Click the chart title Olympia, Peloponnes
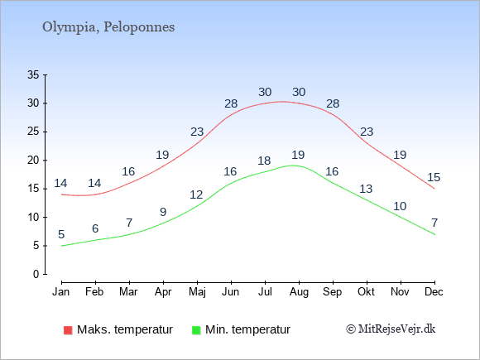pos(108,27)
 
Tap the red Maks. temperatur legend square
pos(68,330)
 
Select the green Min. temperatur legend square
pos(196,330)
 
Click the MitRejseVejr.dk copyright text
pos(391,329)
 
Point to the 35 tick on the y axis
pos(33,74)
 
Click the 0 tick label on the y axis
pos(36,274)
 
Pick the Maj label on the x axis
pos(197,292)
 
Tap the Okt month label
pos(366,292)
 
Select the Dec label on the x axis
pos(434,292)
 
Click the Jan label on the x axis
pos(61,292)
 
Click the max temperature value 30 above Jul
pos(265,92)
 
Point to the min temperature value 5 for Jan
pos(61,234)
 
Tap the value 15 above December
pos(434,177)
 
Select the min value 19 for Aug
pos(298,155)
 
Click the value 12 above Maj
pos(196,194)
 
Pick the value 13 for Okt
pos(366,189)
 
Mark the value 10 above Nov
pos(400,206)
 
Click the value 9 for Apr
pos(163,212)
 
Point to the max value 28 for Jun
pos(231,103)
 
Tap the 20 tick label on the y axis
pos(33,160)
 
